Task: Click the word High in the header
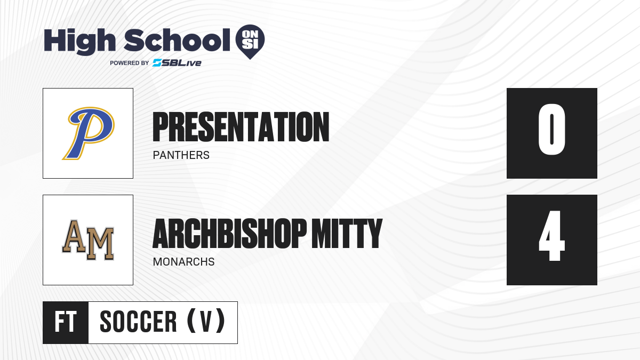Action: [x=79, y=42]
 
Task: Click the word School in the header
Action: [x=177, y=40]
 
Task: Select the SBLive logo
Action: [x=177, y=63]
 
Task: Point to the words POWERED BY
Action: [x=130, y=63]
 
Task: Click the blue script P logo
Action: [x=89, y=133]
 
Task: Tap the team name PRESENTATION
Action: [x=241, y=127]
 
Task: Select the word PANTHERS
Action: [x=181, y=155]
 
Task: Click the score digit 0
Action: [x=551, y=129]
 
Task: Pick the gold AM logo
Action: [x=89, y=240]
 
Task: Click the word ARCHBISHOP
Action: [x=230, y=234]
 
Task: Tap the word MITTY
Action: [x=347, y=234]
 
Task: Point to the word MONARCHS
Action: [x=183, y=262]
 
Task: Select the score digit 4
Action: [x=551, y=236]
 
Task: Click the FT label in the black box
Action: [x=66, y=322]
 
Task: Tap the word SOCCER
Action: [x=138, y=322]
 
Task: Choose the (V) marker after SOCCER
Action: [x=206, y=321]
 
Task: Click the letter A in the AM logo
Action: [x=74, y=236]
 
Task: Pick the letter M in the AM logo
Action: [x=100, y=244]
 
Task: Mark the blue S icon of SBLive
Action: [x=157, y=63]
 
